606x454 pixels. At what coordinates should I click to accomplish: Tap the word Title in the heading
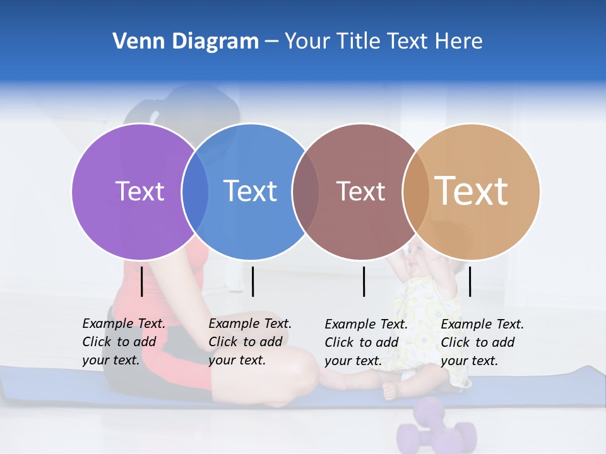click(359, 42)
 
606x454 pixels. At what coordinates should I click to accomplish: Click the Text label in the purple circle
click(140, 191)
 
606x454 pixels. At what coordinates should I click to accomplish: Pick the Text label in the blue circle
click(251, 191)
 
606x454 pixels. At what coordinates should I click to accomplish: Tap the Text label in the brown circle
click(360, 191)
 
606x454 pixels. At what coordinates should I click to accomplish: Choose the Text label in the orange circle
click(472, 191)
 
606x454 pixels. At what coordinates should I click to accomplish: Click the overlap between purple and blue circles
click(195, 192)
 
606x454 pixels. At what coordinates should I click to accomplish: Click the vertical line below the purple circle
click(142, 281)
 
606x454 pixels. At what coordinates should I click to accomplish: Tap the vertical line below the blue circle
click(252, 281)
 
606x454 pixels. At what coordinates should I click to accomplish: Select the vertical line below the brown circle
click(364, 281)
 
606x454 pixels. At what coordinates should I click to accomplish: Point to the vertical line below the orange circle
click(470, 281)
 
